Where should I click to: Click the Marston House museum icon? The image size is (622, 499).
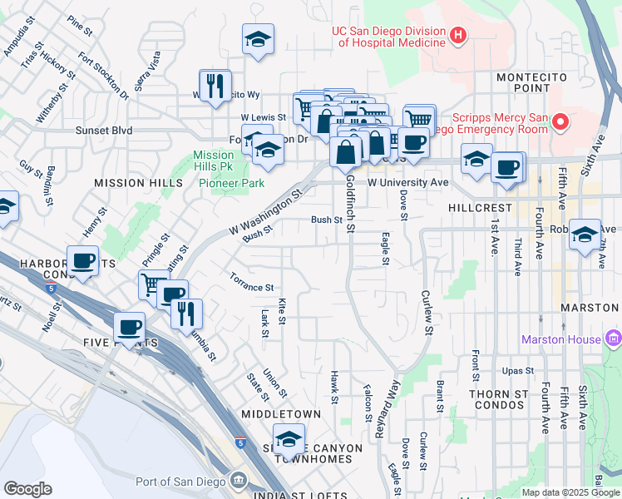pos(615,338)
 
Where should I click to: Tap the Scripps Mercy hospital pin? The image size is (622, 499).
pos(560,124)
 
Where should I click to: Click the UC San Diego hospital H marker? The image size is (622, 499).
pos(457,36)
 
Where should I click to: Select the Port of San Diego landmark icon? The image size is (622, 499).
pos(239,481)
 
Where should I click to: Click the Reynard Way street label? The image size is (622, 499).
pos(388,408)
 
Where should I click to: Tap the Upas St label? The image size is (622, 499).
pos(516,370)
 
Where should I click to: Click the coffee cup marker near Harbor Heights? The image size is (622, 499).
pos(83,260)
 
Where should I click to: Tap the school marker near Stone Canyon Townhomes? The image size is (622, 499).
pos(289,438)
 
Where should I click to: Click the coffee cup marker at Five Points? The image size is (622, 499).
pos(129,327)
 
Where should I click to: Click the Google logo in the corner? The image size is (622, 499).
pos(28,490)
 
